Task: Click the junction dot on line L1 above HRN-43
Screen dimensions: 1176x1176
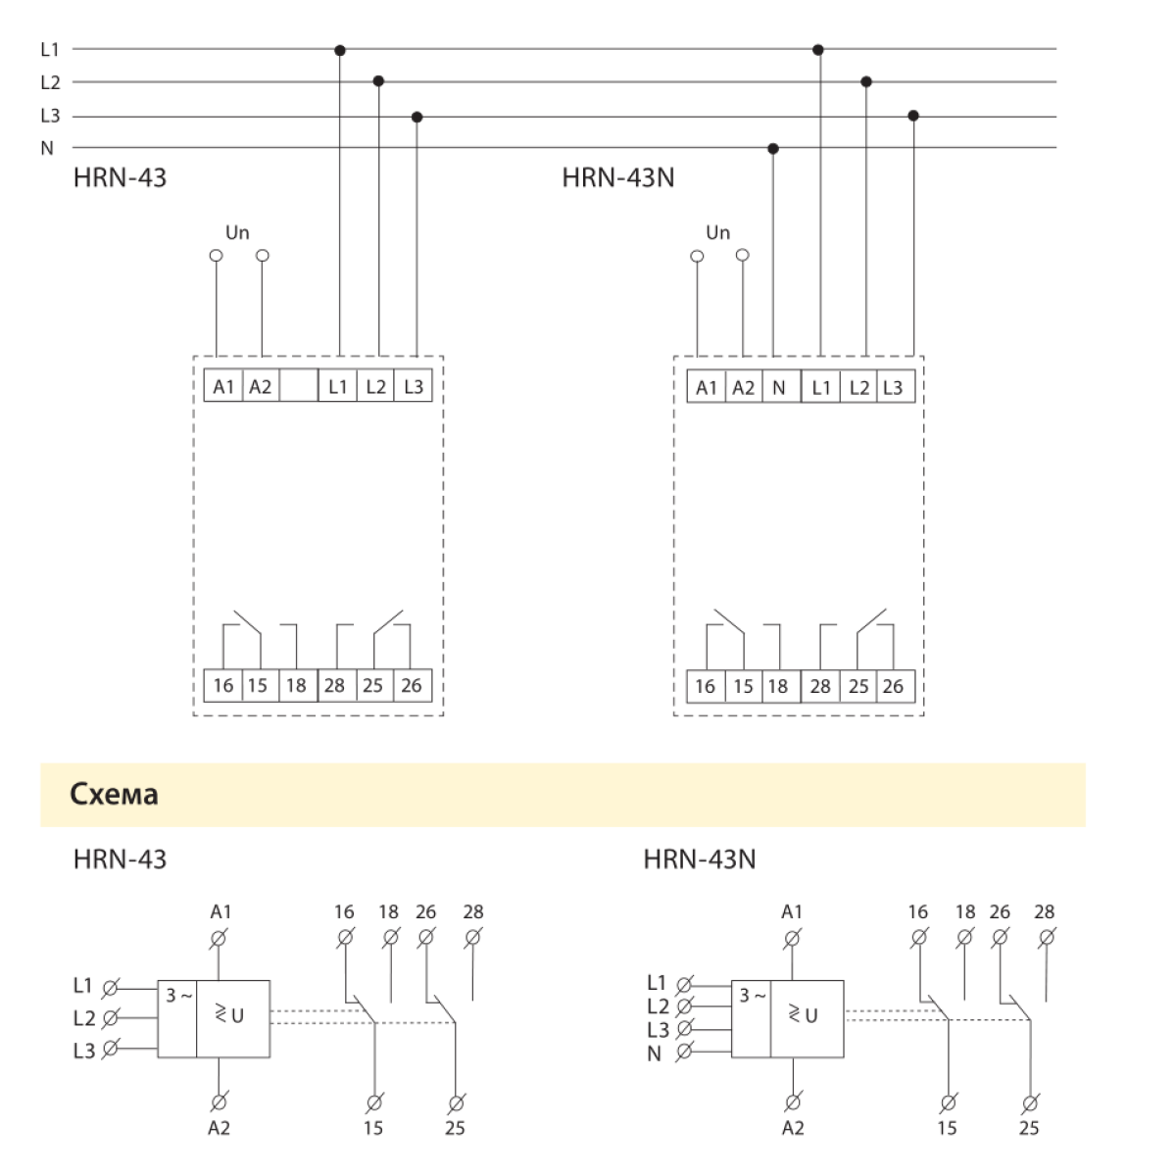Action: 340,49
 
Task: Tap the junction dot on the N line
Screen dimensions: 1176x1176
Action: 773,149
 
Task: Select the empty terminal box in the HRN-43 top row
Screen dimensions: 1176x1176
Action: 299,386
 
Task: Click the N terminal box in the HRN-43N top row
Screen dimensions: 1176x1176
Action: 780,387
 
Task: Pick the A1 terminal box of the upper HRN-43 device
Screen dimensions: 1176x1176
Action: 223,386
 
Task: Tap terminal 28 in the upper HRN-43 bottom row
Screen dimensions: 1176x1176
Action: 335,685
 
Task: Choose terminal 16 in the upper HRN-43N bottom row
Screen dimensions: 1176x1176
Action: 705,686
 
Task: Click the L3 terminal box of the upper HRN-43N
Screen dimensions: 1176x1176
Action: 893,387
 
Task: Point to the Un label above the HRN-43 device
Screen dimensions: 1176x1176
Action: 237,233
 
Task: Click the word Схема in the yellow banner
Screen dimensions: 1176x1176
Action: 114,794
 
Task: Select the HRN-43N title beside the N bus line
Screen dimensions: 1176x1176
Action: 618,178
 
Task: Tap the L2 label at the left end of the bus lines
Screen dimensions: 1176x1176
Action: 50,83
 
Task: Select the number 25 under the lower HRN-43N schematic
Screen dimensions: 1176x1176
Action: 1028,1128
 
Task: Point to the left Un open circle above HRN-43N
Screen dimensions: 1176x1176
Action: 697,257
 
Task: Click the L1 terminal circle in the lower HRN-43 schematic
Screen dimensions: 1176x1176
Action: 111,986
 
